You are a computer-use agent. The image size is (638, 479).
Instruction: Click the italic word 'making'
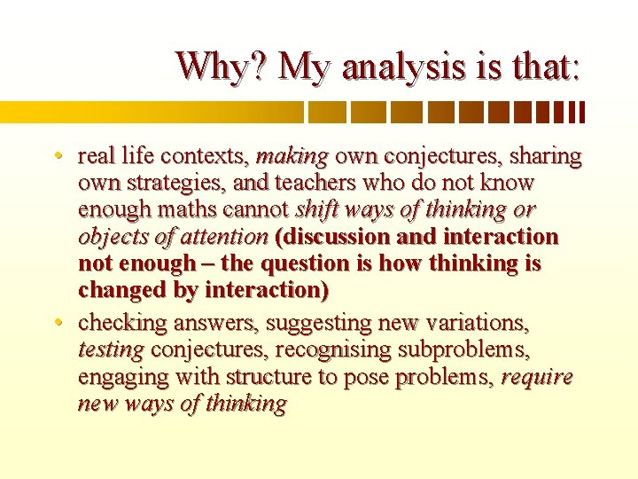click(292, 158)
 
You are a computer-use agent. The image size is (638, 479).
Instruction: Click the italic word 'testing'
click(111, 350)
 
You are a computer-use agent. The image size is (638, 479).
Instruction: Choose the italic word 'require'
click(537, 377)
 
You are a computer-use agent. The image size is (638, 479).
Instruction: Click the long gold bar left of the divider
click(151, 112)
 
